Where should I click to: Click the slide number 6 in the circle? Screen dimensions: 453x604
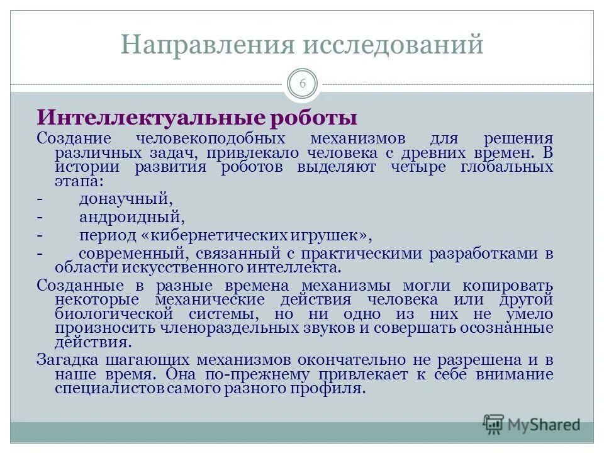point(302,84)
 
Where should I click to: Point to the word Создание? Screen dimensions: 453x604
point(74,138)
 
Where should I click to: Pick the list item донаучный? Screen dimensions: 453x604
point(125,199)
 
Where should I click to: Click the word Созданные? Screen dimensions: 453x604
point(75,284)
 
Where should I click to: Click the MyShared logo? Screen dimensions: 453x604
point(532,424)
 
